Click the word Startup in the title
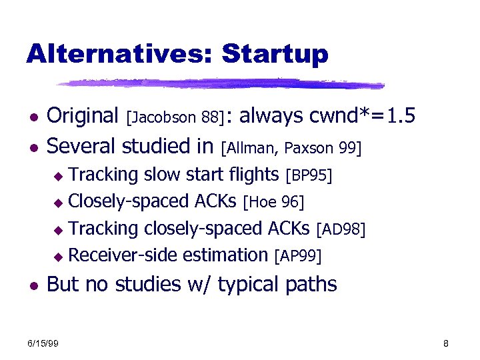point(275,53)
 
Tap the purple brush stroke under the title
point(220,84)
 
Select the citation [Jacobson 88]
point(175,118)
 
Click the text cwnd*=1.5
point(363,116)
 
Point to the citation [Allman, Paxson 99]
point(291,146)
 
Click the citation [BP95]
point(308,176)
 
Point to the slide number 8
point(446,343)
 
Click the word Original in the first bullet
point(83,117)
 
